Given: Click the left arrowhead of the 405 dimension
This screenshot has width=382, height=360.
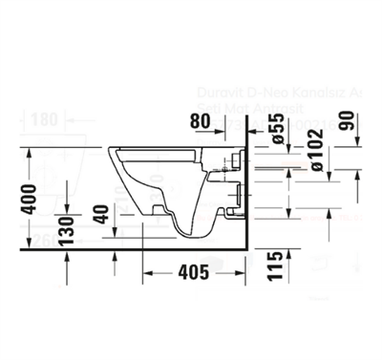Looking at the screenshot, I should point(148,274).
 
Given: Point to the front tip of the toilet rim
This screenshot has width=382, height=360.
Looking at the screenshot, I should point(113,150).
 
